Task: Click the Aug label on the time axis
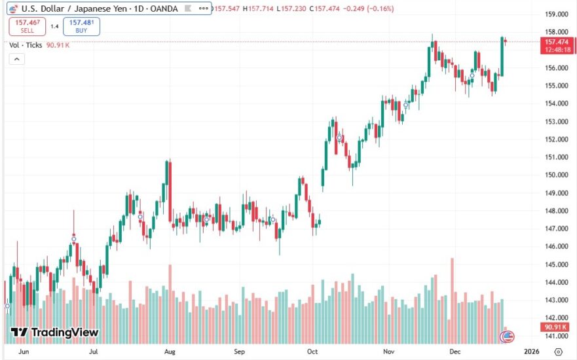click(170, 351)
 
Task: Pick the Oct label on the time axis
click(313, 351)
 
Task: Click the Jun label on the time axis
click(24, 351)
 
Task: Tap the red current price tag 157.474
click(556, 43)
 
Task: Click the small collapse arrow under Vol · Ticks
click(16, 59)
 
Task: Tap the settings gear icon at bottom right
click(558, 351)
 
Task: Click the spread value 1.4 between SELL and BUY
click(54, 26)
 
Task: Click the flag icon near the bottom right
click(506, 337)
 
